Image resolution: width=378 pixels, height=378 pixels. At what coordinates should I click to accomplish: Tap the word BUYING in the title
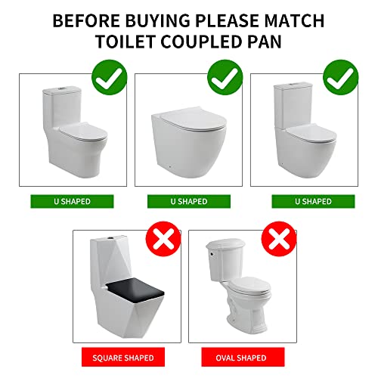pyautogui.click(x=161, y=19)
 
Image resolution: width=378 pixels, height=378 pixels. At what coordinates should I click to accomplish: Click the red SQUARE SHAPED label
pyautogui.click(x=123, y=357)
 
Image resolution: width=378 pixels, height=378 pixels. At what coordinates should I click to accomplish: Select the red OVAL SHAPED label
pyautogui.click(x=240, y=357)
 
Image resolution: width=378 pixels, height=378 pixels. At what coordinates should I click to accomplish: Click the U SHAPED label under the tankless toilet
pyautogui.click(x=187, y=201)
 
